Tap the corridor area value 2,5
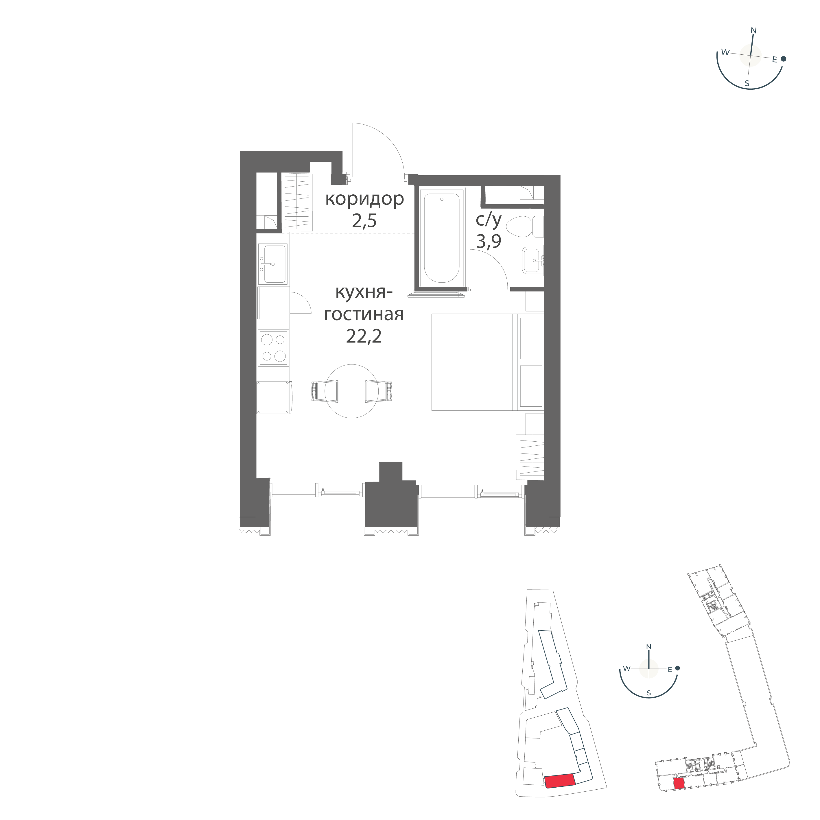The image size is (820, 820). tap(364, 222)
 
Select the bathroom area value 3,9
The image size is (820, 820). tap(489, 242)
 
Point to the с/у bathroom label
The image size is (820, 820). tap(489, 220)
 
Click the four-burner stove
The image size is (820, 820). tap(274, 348)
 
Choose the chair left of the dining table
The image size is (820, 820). tap(325, 391)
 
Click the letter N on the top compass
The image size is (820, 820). tap(754, 30)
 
